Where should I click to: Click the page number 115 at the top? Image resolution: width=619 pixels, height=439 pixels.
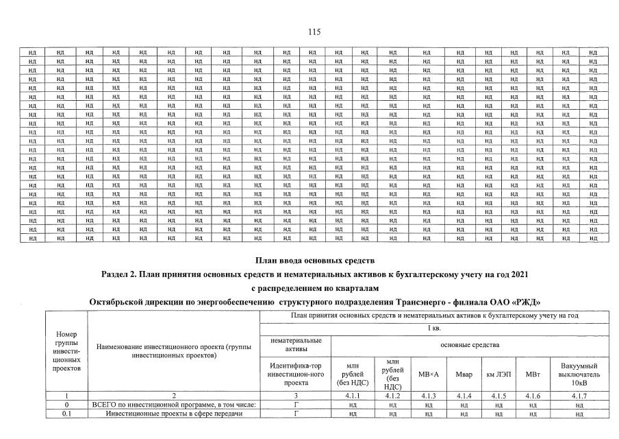314,32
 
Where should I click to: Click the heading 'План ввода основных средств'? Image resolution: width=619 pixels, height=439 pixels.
315,261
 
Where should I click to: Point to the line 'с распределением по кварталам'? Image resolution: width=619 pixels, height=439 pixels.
315,288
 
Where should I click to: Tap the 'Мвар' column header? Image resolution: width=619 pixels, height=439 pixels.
464,374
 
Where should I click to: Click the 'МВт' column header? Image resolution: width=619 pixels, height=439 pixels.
532,374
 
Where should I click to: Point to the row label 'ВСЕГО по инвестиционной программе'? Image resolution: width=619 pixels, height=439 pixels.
174,405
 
